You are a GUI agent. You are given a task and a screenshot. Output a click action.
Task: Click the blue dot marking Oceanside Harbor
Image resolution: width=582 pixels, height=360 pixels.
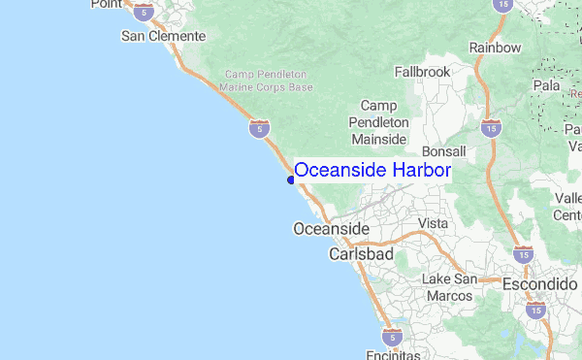pos(291,179)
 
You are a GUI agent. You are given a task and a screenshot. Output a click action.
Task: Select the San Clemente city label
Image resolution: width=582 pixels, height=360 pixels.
pos(163,36)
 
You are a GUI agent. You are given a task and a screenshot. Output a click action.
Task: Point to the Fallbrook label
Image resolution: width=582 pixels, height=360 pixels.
pos(423,72)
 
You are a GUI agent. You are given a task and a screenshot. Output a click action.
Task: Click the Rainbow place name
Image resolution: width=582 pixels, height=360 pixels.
pos(495,48)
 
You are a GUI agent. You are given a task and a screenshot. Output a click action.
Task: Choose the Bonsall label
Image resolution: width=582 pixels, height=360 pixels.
pos(444,151)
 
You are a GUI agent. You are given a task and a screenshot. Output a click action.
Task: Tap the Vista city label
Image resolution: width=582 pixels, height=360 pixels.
pos(433,223)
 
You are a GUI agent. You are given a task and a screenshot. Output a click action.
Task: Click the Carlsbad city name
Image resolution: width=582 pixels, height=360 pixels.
pos(360,253)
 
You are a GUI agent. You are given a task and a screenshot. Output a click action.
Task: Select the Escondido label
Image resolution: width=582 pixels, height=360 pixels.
pos(539,284)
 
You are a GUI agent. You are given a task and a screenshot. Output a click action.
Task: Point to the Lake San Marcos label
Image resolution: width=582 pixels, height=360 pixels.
pos(450,287)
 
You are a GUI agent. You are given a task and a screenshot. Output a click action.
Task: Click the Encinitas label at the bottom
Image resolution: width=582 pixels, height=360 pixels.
pos(394,355)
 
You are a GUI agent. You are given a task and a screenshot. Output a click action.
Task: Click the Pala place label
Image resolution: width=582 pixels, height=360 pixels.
pos(546,84)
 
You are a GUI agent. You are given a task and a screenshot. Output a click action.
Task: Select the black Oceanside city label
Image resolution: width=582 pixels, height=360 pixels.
pos(331,228)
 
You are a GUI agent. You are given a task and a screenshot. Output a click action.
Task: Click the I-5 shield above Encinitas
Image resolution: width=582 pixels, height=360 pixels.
pos(392,336)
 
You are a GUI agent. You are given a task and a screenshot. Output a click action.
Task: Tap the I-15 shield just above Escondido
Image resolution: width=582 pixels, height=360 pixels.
pos(523,254)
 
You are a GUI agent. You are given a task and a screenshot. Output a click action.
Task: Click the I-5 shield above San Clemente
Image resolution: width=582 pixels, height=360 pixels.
pos(145,12)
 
